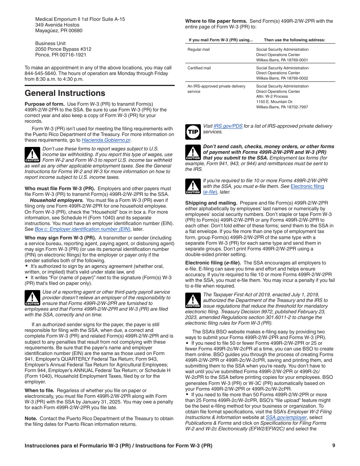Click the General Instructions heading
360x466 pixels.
[65, 93]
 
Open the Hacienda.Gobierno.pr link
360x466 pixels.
[106, 140]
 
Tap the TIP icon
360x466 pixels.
[193, 132]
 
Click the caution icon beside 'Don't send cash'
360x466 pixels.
[193, 152]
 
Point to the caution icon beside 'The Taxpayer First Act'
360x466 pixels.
[193, 300]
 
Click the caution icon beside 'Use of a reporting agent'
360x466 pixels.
[32, 298]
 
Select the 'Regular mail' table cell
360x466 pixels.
[199, 50]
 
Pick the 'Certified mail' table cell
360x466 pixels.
[199, 68]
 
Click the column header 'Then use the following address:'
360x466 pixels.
[294, 40]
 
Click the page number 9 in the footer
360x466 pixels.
[333, 446]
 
